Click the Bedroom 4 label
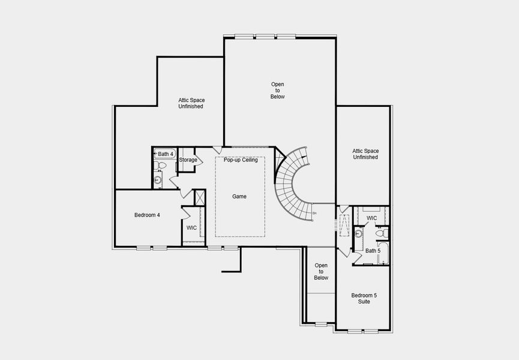pyautogui.click(x=146, y=215)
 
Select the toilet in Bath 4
pyautogui.click(x=161, y=166)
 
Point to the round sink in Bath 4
pyautogui.click(x=158, y=179)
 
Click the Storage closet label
pyautogui.click(x=188, y=160)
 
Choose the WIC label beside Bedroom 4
pyautogui.click(x=191, y=228)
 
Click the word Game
pyautogui.click(x=239, y=196)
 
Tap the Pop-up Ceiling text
pyautogui.click(x=241, y=160)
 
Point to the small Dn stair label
pyautogui.click(x=314, y=213)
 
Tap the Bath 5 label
pyautogui.click(x=373, y=251)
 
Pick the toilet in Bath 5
pyautogui.click(x=380, y=233)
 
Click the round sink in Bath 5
pyautogui.click(x=358, y=234)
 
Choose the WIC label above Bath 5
pyautogui.click(x=371, y=218)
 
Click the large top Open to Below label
pyautogui.click(x=277, y=91)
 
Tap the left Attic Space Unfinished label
pyautogui.click(x=190, y=103)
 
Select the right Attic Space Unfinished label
pyautogui.click(x=365, y=154)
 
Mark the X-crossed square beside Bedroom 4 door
pyautogui.click(x=200, y=197)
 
